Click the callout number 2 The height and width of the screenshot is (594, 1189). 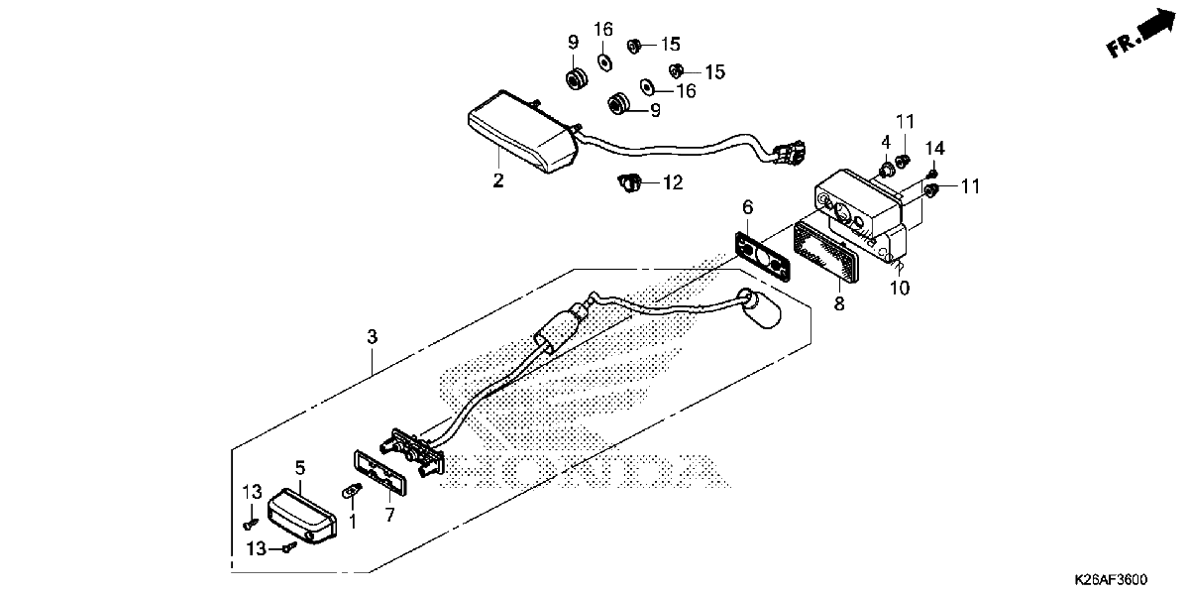tap(497, 180)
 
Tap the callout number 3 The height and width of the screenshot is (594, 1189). tap(373, 336)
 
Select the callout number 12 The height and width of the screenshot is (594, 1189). tap(673, 182)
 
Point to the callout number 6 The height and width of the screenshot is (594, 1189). tap(747, 206)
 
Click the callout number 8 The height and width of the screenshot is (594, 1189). tap(838, 303)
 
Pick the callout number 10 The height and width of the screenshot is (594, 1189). tap(900, 288)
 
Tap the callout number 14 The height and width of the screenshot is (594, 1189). tap(935, 148)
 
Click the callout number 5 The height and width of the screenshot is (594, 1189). tap(300, 468)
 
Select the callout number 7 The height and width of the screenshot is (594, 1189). tap(390, 515)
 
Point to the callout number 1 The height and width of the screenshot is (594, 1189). tap(353, 522)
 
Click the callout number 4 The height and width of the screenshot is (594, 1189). tap(886, 143)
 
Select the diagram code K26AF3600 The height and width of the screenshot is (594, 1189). tap(1111, 578)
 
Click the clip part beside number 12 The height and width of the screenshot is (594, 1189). tap(629, 183)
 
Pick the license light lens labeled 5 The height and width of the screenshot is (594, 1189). tap(301, 516)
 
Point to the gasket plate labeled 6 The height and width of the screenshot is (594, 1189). tap(762, 256)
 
